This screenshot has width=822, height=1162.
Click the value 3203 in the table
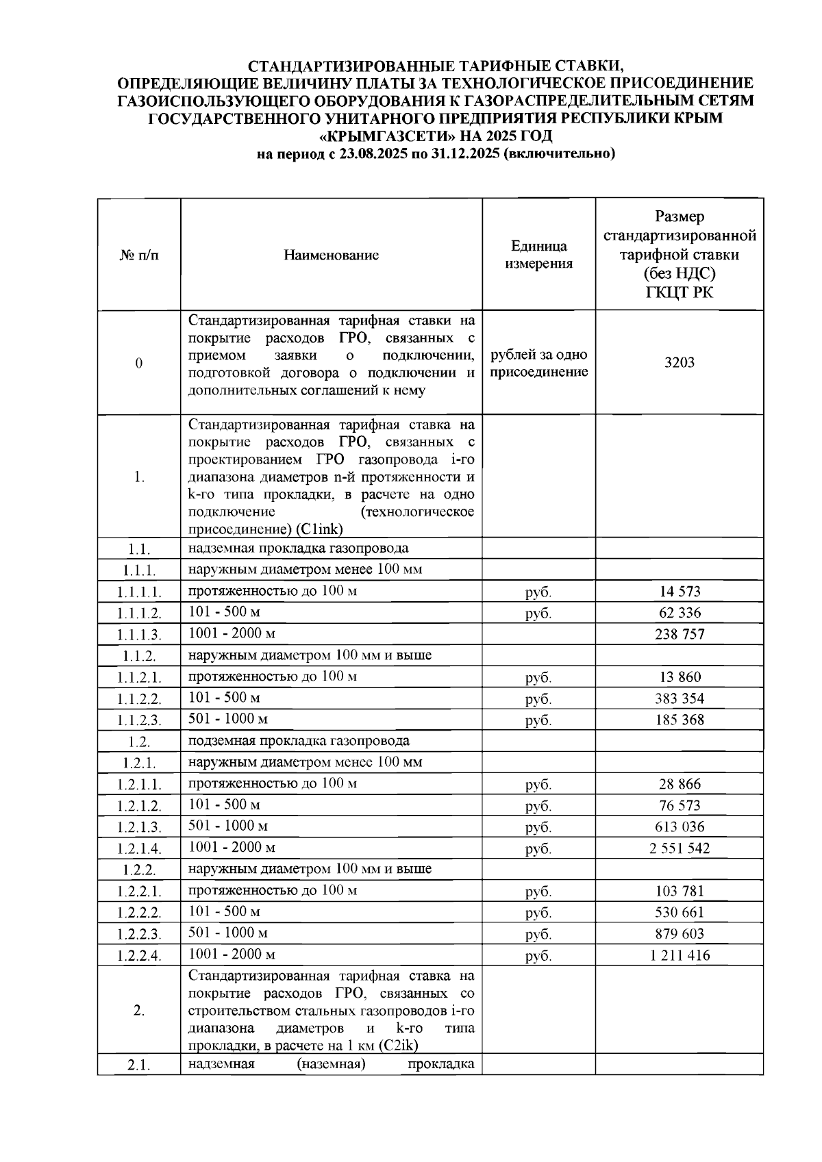[x=679, y=362]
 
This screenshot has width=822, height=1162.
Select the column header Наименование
[x=331, y=255]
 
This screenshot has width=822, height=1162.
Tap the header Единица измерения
[x=538, y=255]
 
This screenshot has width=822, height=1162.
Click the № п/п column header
[x=139, y=255]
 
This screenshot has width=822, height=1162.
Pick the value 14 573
[x=679, y=592]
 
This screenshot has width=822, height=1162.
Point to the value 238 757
[x=679, y=634]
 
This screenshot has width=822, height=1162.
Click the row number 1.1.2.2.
[x=139, y=699]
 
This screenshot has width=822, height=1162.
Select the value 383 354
[x=679, y=698]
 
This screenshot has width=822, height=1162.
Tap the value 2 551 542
[x=679, y=848]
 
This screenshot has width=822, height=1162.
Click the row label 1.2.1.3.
[x=139, y=827]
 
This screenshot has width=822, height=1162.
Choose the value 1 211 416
[x=679, y=955]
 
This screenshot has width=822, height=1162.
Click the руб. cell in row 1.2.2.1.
[x=538, y=892]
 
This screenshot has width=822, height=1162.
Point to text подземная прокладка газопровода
[x=299, y=741]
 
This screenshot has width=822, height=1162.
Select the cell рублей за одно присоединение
[x=538, y=364]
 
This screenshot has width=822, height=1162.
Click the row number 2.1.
[x=139, y=1066]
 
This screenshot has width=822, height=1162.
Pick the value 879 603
[x=679, y=934]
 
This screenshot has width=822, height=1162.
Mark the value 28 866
[x=679, y=784]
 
